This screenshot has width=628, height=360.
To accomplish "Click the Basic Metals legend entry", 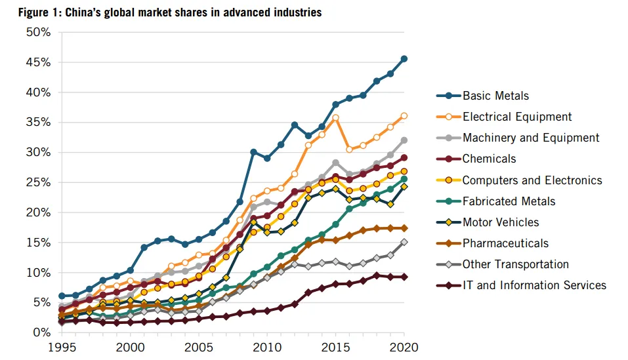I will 495,96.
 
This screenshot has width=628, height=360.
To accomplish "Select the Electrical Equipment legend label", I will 517,117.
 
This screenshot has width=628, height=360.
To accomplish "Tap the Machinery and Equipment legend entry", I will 531,138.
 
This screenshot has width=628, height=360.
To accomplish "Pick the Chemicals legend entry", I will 489,159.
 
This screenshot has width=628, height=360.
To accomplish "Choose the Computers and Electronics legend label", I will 532,180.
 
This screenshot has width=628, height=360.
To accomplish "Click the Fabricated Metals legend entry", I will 509,201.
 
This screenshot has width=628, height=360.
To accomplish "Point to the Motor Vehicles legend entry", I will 501,222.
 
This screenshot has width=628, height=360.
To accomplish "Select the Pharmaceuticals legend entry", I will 505,243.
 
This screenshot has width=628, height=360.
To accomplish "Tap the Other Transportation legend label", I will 515,264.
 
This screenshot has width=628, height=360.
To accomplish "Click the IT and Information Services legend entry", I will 534,285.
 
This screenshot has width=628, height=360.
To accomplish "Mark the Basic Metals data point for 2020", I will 404,59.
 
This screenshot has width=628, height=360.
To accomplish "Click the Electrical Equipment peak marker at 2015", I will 336,118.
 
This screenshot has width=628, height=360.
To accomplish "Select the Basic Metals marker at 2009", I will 253,152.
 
